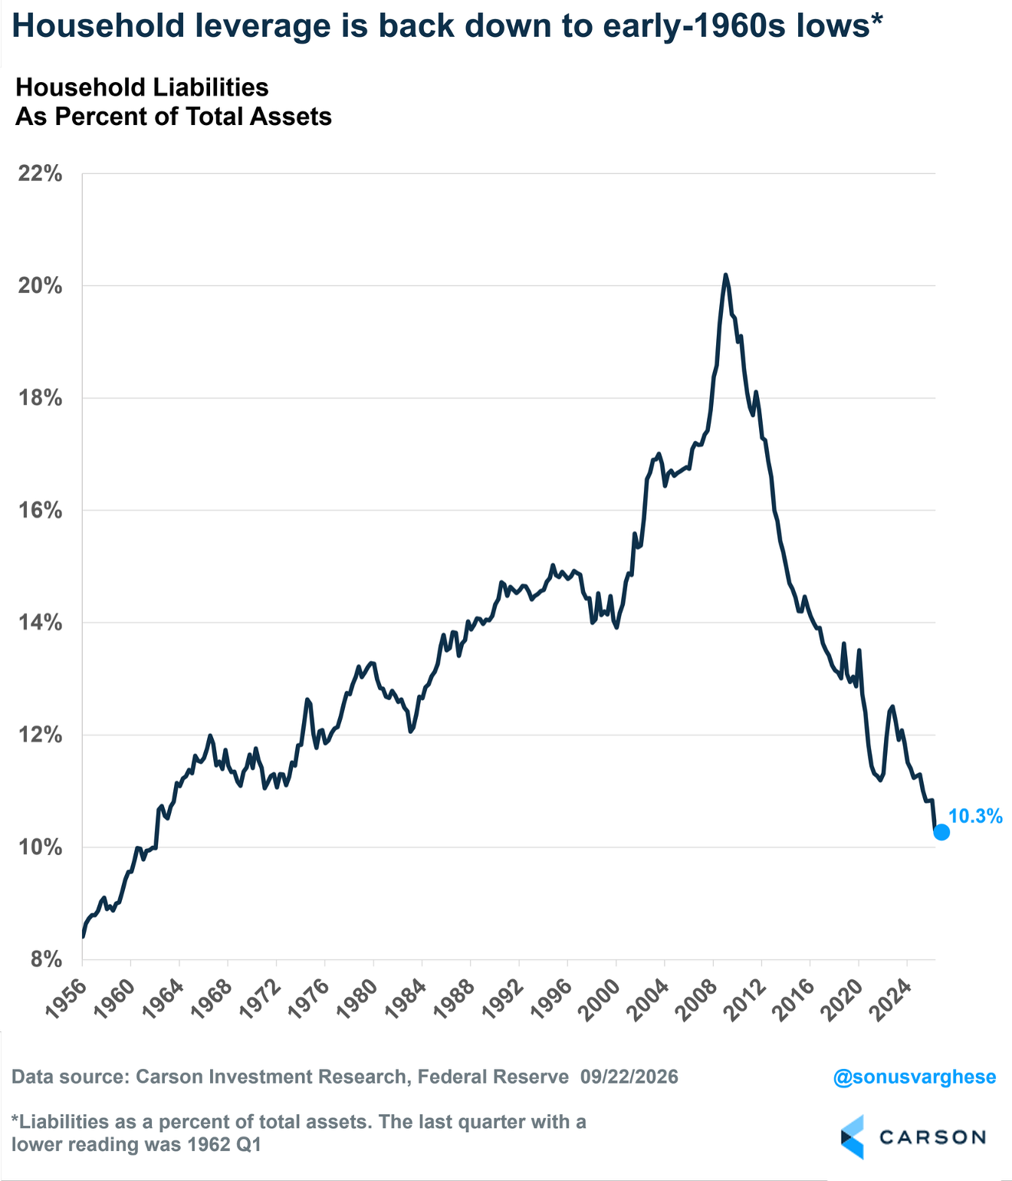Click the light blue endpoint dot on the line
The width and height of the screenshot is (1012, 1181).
(941, 833)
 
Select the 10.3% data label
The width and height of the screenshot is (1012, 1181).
(975, 817)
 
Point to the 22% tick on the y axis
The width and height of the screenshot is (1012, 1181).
(40, 173)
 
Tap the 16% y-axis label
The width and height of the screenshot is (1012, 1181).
(40, 510)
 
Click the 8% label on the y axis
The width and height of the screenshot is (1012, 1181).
(46, 959)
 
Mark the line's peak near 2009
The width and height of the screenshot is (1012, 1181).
(725, 275)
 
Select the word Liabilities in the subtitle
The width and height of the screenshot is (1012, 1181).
(206, 87)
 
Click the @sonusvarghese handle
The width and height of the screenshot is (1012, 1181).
(915, 1077)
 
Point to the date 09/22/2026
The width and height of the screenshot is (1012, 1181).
(629, 1077)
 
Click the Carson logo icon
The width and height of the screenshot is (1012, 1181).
(852, 1137)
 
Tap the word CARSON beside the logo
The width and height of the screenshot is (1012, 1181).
(932, 1137)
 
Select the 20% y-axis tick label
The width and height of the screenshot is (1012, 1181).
(40, 286)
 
